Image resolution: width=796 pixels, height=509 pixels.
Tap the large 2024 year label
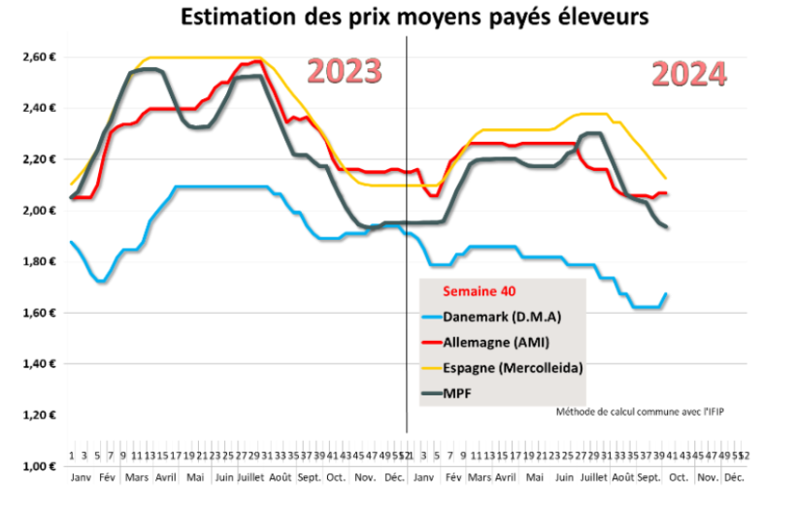pos(687,75)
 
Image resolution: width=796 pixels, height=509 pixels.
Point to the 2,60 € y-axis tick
pos(40,57)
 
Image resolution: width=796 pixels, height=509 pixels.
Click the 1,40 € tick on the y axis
pos(40,364)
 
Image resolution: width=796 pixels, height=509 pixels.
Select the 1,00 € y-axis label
pos(40,467)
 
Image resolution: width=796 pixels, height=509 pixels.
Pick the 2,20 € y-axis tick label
pos(40,159)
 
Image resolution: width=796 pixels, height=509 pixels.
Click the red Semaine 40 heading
pos(478,290)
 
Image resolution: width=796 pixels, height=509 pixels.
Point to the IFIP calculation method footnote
pos(640,411)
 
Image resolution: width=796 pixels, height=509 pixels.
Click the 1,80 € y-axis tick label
pos(40,262)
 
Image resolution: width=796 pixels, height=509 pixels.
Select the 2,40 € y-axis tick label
pos(40,108)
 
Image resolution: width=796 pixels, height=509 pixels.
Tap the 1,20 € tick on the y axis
pos(40,416)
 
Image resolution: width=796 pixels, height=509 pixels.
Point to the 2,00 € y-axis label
pos(40,211)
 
